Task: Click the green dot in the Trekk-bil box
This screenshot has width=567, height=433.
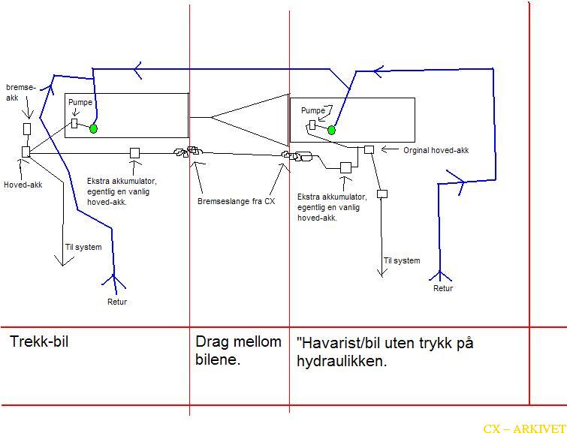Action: point(93,128)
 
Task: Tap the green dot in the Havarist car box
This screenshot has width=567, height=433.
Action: point(331,130)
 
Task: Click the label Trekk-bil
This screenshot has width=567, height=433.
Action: point(39,341)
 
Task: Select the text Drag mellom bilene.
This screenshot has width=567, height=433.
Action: point(238,350)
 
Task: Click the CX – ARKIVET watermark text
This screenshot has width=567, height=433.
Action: point(524,428)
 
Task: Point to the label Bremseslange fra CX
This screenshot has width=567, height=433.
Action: point(236,201)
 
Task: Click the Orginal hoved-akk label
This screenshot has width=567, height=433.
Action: point(436,150)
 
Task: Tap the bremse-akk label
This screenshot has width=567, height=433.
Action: point(21,92)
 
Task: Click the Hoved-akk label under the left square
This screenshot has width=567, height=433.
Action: point(23,185)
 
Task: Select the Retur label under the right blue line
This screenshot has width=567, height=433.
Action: point(443,288)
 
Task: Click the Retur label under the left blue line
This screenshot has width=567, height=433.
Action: point(117,302)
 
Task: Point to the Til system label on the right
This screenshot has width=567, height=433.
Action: point(402,260)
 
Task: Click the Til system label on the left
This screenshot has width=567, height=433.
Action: point(83,247)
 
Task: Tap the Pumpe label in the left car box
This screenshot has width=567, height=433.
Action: point(80,103)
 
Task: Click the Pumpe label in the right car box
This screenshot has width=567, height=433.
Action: point(313,110)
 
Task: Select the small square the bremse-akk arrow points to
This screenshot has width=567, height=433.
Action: point(27,129)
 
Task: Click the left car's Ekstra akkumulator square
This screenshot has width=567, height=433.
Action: point(134,153)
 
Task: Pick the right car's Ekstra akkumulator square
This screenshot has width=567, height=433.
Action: point(345,167)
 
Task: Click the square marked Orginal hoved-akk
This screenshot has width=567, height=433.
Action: point(369,149)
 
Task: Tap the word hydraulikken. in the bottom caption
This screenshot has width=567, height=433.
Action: point(342,361)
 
